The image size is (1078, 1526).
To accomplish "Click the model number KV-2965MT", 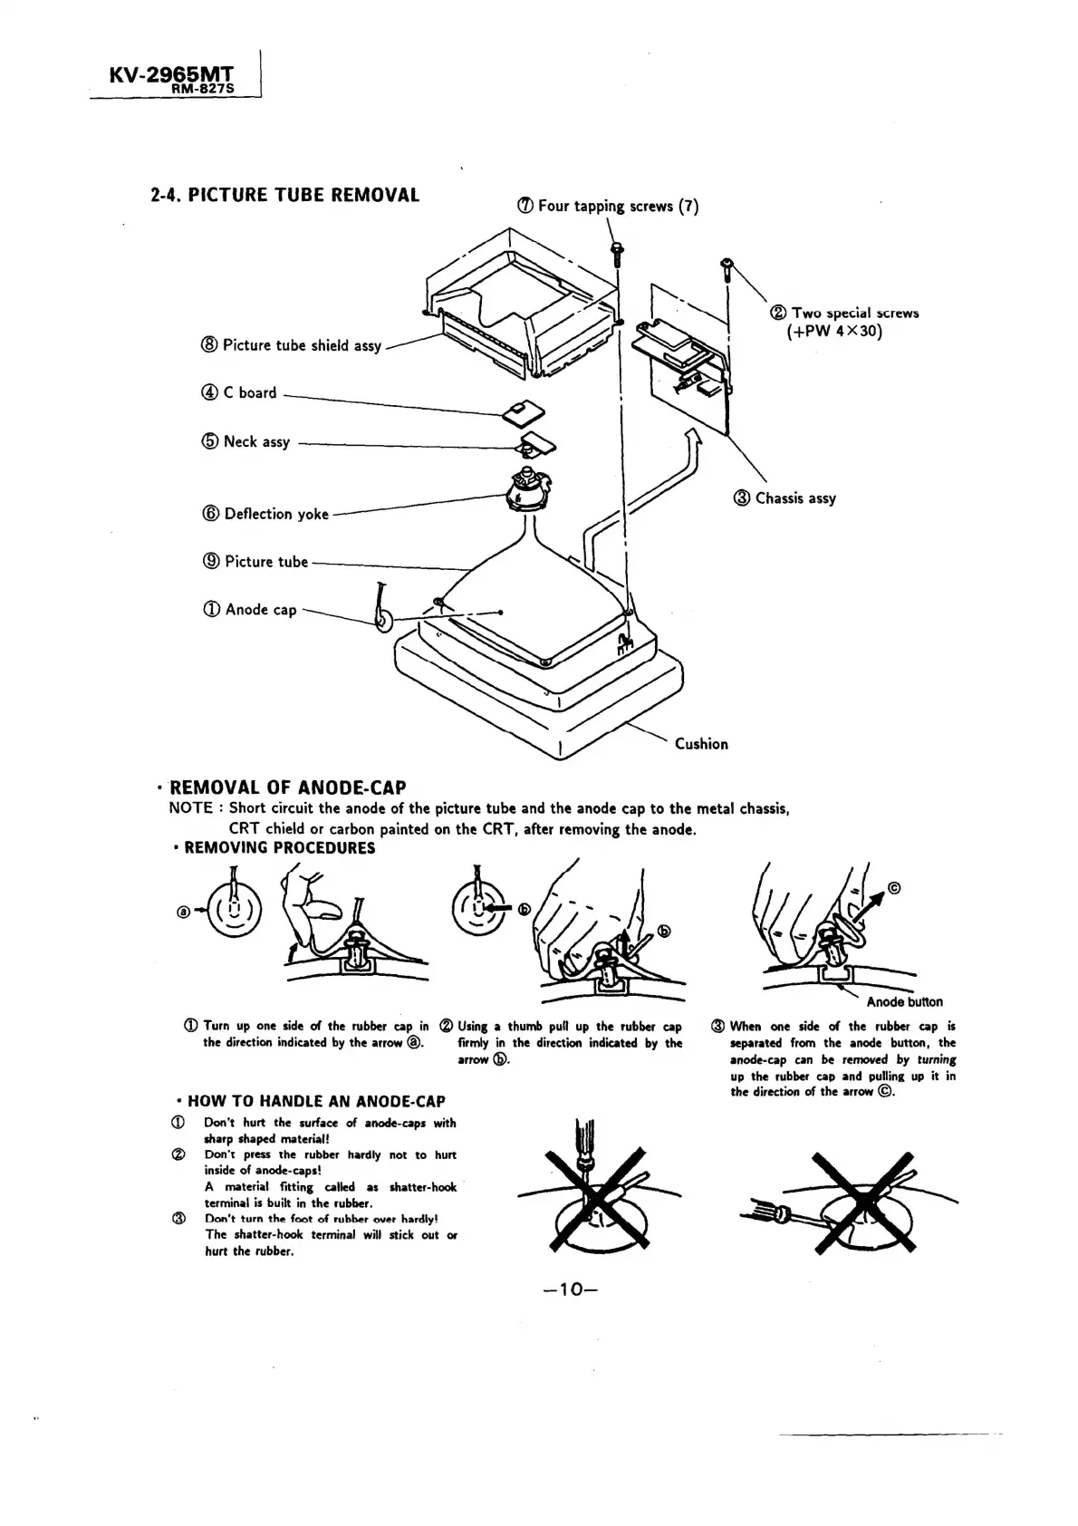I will pos(170,73).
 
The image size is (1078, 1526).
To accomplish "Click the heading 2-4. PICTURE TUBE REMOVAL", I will pos(284,196).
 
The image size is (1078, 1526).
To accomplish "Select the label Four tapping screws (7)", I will pos(609,206).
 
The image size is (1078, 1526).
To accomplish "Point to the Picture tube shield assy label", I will pos(292,345).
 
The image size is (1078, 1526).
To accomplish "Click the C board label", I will pos(239,393).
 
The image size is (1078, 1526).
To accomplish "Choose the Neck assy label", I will pos(246,442).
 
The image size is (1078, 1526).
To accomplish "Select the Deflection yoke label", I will pos(265,514).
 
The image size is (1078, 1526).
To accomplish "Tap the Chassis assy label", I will pos(785,498).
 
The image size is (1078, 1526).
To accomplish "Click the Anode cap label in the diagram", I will pos(251,610).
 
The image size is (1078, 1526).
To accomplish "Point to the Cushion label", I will pos(701,744).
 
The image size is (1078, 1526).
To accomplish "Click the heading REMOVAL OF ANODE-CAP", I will pos(288,787).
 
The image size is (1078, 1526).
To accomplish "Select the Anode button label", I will pos(904,1001).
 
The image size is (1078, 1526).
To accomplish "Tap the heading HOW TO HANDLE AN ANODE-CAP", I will pos(315,1102).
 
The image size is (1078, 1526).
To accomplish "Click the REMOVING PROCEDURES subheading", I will pos(279,848).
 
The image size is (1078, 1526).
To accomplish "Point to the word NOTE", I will pos(190,808).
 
